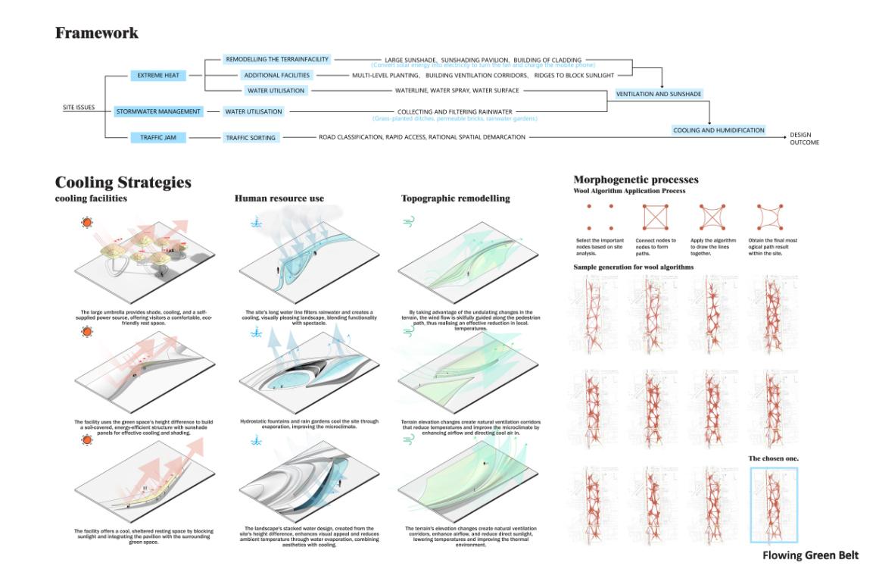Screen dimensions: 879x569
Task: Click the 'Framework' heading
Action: tap(96, 33)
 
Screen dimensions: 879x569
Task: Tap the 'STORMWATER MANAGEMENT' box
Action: tap(159, 111)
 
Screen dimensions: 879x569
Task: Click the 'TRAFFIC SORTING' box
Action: tap(251, 138)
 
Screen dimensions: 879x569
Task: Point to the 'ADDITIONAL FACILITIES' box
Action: tap(276, 76)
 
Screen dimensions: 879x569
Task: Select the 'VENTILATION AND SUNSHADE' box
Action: tap(659, 94)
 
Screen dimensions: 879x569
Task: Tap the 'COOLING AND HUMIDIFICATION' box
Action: tap(718, 130)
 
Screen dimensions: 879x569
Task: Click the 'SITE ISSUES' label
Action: tap(79, 108)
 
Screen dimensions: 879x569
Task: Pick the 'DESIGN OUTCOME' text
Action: tap(803, 139)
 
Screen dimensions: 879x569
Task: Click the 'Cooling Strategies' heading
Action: tap(123, 183)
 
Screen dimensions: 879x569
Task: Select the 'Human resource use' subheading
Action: tap(279, 199)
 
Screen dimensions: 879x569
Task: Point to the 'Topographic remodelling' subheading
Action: tap(455, 199)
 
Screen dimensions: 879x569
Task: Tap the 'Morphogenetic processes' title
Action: tap(636, 180)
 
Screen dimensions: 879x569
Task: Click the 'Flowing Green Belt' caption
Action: tap(810, 555)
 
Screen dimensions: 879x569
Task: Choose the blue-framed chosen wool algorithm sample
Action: tap(773, 504)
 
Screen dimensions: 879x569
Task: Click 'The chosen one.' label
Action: tap(773, 458)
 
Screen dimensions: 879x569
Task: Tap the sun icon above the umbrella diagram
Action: tap(89, 224)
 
